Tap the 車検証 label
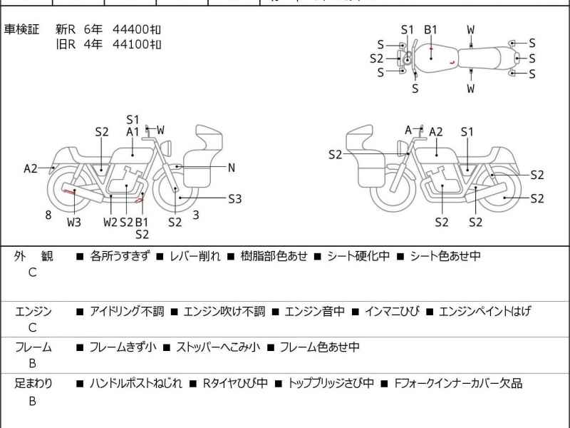22,29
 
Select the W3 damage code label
74,222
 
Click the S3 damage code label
235,199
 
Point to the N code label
232,168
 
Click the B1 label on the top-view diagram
430,29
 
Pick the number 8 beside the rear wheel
48,215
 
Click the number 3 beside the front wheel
196,215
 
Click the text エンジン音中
314,311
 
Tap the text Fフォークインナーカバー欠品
459,384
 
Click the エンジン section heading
33,311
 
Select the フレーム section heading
33,347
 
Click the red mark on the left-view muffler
71,192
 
